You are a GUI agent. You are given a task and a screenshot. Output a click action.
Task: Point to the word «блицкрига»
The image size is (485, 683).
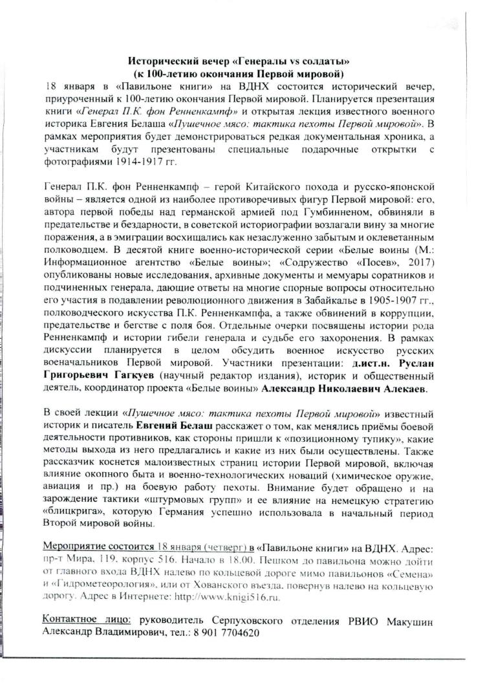[72, 512]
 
